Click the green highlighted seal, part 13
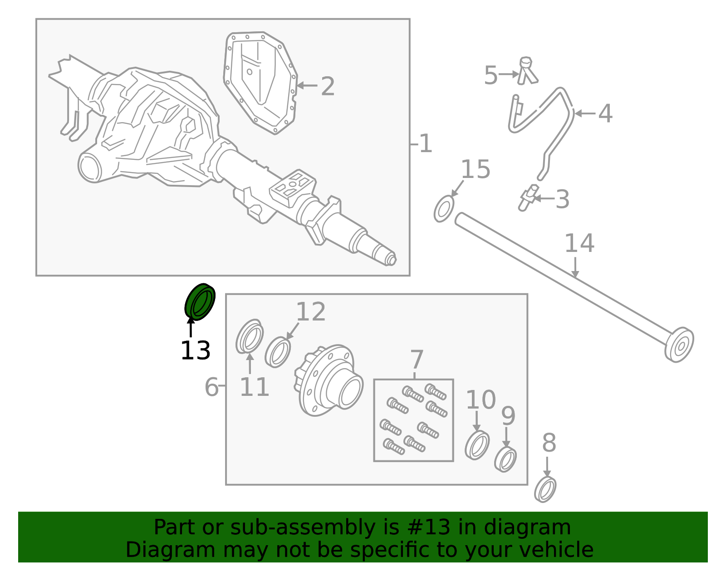(200, 301)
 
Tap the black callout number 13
(195, 351)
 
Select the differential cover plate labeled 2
(261, 82)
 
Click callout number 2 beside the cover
(328, 86)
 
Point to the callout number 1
(425, 144)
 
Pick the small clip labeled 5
(527, 72)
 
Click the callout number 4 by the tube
(605, 113)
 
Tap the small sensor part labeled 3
(527, 198)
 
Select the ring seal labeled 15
(444, 209)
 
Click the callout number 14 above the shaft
(579, 243)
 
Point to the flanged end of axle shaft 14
(679, 345)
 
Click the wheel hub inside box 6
(329, 380)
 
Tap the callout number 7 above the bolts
(417, 360)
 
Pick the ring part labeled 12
(278, 352)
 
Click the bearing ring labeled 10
(477, 445)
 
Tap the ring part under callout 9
(505, 459)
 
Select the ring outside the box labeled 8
(545, 489)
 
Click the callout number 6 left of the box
(211, 387)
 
